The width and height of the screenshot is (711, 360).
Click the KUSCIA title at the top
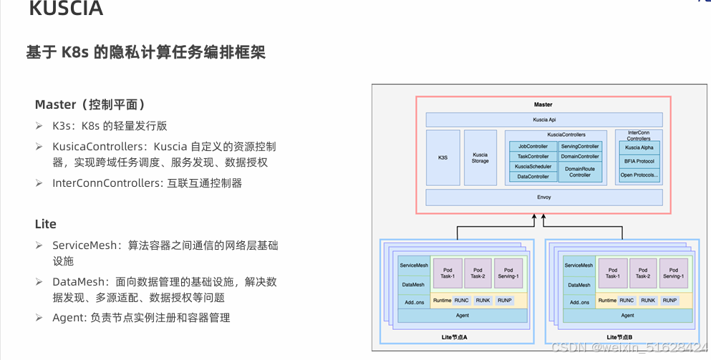tap(66, 9)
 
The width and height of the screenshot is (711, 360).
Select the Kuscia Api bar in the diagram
tap(543, 120)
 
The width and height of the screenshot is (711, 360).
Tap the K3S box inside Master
tap(442, 157)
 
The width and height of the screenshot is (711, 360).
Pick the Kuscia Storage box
tap(480, 157)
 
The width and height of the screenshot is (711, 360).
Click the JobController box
tap(533, 146)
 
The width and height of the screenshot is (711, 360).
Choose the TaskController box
tap(533, 156)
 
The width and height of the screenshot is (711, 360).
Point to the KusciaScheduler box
tap(533, 166)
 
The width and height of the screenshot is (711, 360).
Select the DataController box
tap(533, 176)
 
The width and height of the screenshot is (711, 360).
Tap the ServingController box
tap(579, 146)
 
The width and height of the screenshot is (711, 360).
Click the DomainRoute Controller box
tap(579, 172)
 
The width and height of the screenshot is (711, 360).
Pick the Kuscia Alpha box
tap(638, 147)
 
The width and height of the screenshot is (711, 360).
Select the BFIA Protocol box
tap(638, 161)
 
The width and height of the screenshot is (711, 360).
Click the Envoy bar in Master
tap(543, 197)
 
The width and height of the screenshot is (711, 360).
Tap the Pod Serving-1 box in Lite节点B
tap(673, 273)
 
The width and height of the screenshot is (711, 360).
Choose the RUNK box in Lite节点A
tap(483, 301)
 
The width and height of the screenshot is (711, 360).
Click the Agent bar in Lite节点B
tap(627, 315)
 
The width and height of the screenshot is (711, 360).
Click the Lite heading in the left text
tap(45, 224)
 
